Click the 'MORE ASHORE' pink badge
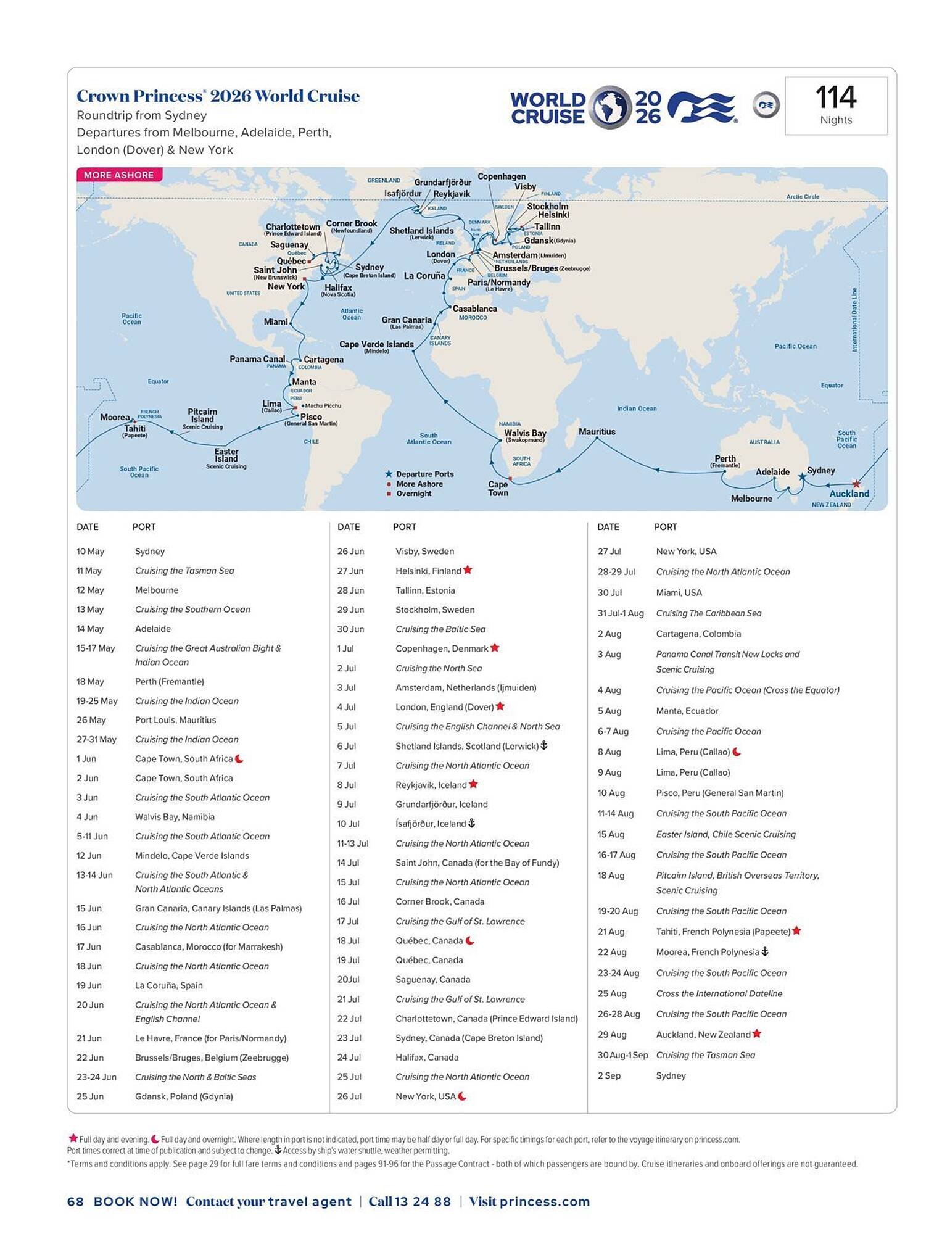pos(119,175)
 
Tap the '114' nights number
pos(835,97)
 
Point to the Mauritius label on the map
pos(597,432)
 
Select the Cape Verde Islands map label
pos(376,344)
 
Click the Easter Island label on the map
pos(226,455)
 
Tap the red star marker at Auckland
pos(856,484)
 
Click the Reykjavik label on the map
pos(452,194)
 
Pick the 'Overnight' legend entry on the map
pos(413,494)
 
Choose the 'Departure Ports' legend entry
pos(424,474)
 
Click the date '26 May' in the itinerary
pos(91,720)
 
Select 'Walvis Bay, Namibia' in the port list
pos(175,817)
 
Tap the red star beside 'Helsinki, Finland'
pos(468,570)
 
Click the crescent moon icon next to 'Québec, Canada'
pos(469,940)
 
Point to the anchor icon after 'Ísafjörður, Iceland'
pos(472,823)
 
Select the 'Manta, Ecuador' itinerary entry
pos(687,711)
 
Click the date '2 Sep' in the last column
pos(609,1075)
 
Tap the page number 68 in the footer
pos(75,1201)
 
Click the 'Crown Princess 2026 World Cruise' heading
pos(218,96)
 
